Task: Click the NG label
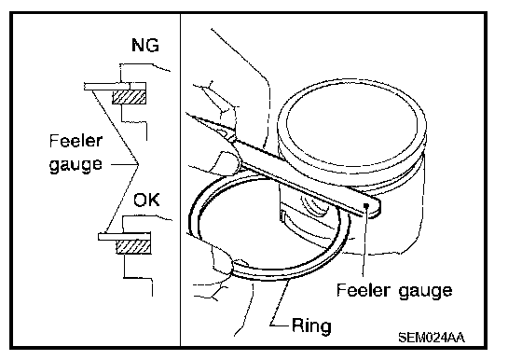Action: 145,45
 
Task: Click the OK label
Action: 146,201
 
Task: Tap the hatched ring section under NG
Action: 129,97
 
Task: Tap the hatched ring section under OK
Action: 133,247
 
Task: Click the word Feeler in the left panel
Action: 76,141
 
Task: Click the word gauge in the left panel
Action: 76,164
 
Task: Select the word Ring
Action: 311,325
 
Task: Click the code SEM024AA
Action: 432,338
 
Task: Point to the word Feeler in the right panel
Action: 363,290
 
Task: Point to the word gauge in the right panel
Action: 425,291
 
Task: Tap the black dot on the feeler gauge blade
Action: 365,205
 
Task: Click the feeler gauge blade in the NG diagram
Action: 115,87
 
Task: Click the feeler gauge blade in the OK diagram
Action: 124,237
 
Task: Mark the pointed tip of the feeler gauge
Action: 187,114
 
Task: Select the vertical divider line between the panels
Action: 181,180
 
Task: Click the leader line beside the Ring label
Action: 280,302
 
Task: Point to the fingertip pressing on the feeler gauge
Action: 227,162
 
